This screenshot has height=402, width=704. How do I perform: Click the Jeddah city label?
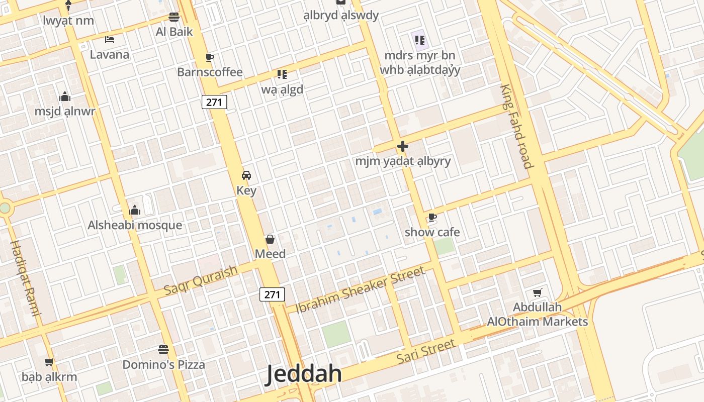[304, 374]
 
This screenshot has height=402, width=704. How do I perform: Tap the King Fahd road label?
[515, 126]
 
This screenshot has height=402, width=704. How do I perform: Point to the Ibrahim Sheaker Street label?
[360, 290]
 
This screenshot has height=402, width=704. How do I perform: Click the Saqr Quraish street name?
[201, 280]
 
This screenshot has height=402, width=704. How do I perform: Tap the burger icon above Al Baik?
[174, 17]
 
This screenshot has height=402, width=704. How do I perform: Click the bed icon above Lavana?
[110, 40]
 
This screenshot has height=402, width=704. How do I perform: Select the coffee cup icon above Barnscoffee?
[210, 57]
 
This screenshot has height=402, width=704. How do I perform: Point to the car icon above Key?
[246, 175]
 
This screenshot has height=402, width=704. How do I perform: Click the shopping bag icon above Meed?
[270, 239]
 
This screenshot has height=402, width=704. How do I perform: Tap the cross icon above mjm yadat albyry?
[403, 146]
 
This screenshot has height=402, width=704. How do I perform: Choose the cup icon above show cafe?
[432, 217]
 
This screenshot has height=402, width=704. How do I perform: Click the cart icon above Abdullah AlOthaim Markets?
[538, 292]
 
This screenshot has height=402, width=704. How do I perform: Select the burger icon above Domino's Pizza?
[163, 349]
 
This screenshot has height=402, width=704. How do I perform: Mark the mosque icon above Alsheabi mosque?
[135, 210]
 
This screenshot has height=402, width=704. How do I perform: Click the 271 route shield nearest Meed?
[272, 294]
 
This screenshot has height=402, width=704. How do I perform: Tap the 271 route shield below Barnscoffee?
[215, 102]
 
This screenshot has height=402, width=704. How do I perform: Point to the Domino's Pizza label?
[164, 364]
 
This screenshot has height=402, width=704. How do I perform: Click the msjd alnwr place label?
[65, 111]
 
